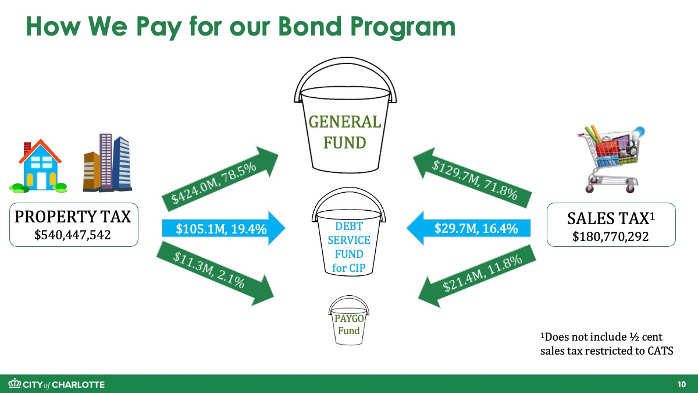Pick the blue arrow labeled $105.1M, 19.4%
point(223,228)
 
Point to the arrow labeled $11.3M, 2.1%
point(215,274)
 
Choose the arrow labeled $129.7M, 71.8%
point(472,178)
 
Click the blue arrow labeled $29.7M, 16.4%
point(469,228)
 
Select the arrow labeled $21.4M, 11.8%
point(477,277)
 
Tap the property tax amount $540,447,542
point(73,235)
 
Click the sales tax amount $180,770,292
point(610,236)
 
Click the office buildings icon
point(108,162)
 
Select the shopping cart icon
point(611,159)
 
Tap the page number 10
point(682,384)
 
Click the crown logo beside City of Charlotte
point(15,383)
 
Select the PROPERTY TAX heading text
point(73,217)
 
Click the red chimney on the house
point(27,148)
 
